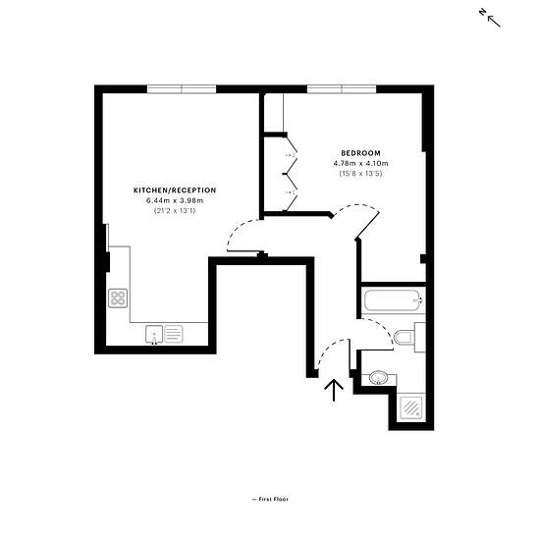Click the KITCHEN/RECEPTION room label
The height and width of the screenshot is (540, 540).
(x=175, y=190)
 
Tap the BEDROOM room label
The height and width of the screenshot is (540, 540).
(x=361, y=153)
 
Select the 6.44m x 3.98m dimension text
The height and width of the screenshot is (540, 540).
(x=175, y=200)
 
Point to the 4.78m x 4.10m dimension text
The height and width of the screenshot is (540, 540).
(x=361, y=163)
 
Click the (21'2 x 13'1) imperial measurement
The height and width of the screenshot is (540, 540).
(x=175, y=211)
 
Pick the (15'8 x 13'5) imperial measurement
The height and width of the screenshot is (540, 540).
(x=361, y=174)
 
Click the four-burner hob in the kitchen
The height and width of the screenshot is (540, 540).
(x=118, y=298)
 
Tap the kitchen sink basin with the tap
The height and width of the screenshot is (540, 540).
(x=154, y=334)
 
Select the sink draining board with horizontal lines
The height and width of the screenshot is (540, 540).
(x=174, y=334)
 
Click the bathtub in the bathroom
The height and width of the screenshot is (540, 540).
(x=393, y=300)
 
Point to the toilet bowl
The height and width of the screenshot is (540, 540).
(x=404, y=338)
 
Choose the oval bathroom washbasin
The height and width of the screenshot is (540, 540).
(x=378, y=378)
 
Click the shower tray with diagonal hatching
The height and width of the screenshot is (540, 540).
(x=411, y=407)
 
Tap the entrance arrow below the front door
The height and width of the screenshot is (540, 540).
(x=334, y=390)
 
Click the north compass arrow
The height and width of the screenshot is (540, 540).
(x=493, y=20)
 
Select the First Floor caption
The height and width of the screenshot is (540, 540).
(x=270, y=499)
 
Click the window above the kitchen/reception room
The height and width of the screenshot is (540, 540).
(x=182, y=89)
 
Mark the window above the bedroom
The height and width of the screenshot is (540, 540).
(x=342, y=89)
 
